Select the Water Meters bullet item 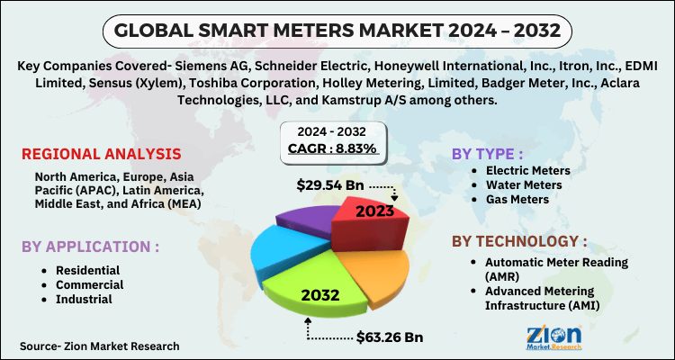pyautogui.click(x=525, y=184)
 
